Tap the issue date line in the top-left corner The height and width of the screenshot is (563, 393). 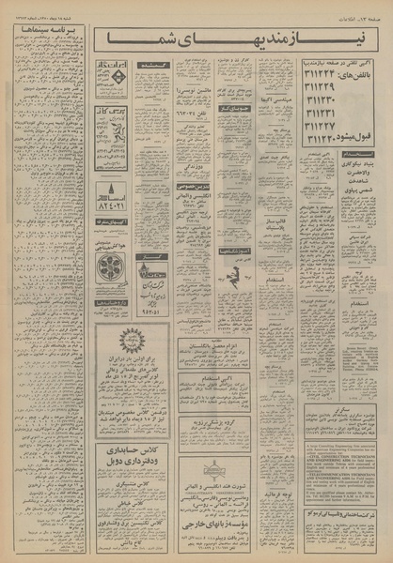pos(47,9)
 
